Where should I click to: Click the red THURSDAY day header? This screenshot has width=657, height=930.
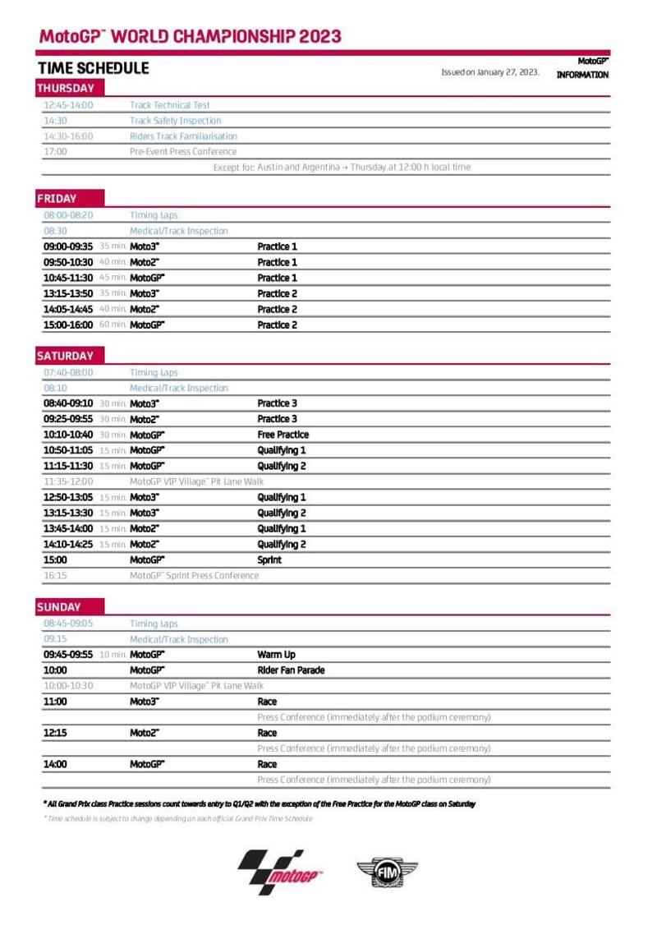pos(66,89)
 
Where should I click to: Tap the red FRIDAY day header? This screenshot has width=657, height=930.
pos(57,199)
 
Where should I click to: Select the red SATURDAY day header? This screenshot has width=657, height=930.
pos(66,356)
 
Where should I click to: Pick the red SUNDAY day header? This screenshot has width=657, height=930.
pos(59,607)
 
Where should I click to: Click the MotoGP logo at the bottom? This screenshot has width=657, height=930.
pos(280,872)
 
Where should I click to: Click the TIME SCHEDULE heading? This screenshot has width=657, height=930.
pos(93,68)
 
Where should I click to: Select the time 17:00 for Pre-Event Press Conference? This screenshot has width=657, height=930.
pos(55,152)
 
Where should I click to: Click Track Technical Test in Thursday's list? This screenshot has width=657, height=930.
pos(169,105)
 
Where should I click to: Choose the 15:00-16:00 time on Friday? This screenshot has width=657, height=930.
pos(68,325)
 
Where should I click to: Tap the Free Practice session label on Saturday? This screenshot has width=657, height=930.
pos(283,435)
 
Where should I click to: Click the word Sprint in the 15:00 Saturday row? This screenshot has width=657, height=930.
pos(269,560)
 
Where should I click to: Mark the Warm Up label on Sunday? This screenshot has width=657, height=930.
pos(276,655)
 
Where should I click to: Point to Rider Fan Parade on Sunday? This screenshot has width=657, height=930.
pos(291,670)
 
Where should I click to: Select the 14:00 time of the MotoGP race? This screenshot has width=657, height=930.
pos(56,764)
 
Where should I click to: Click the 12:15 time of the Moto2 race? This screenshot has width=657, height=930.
pos(55,733)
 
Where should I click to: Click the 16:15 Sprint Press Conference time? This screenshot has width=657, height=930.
pos(55,576)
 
